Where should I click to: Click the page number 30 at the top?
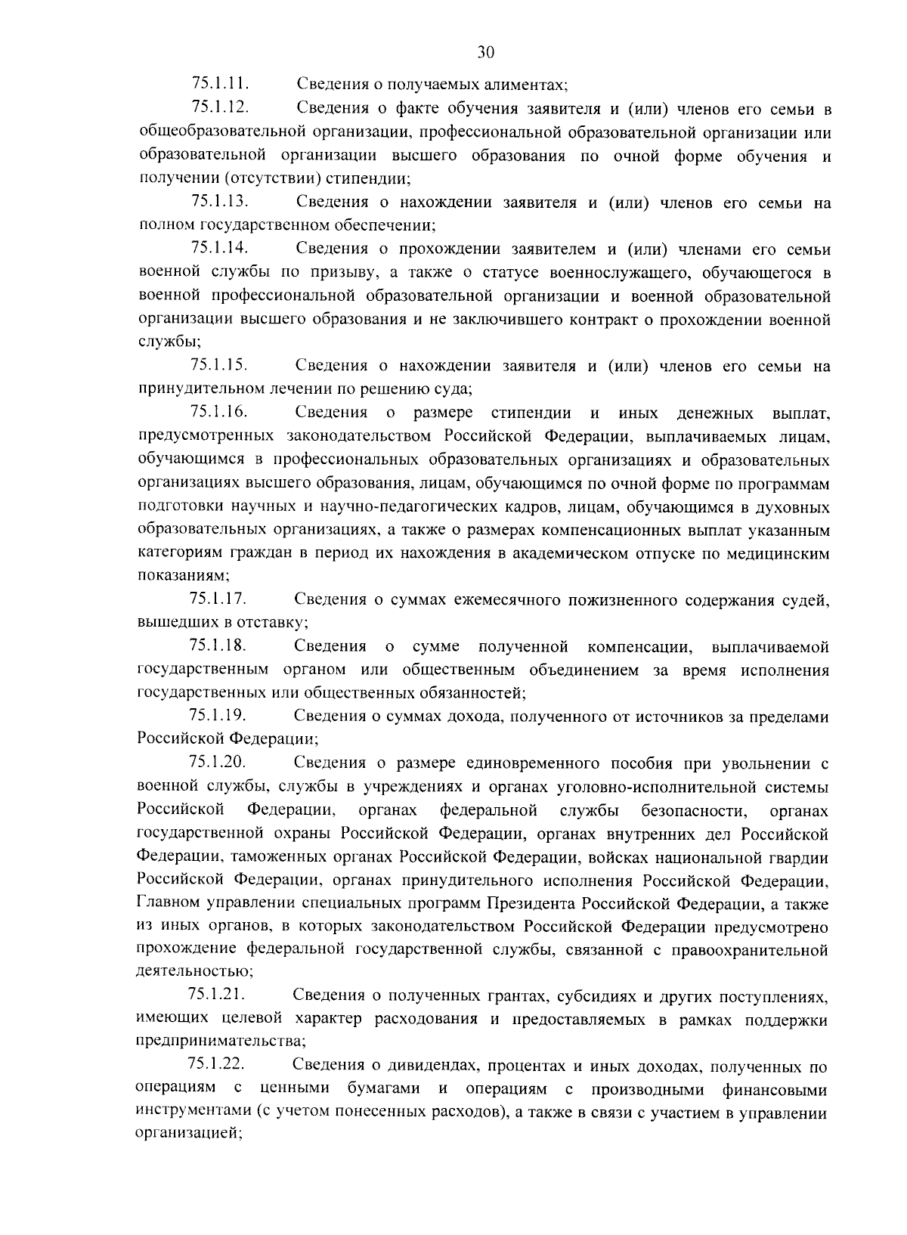coord(486,52)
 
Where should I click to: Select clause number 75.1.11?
coord(221,84)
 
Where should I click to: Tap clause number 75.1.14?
coord(221,248)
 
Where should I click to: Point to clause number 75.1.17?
coord(218,599)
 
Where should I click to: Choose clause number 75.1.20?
coord(218,763)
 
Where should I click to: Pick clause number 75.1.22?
coord(217,1064)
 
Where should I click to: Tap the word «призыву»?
coord(294,272)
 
